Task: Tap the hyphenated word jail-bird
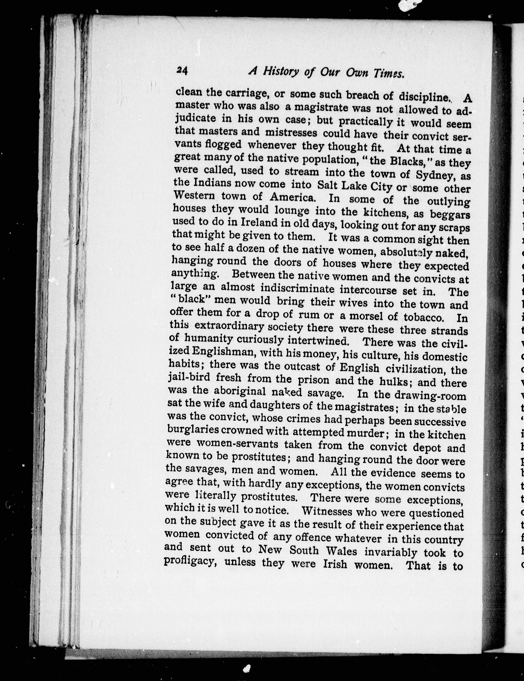189,378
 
